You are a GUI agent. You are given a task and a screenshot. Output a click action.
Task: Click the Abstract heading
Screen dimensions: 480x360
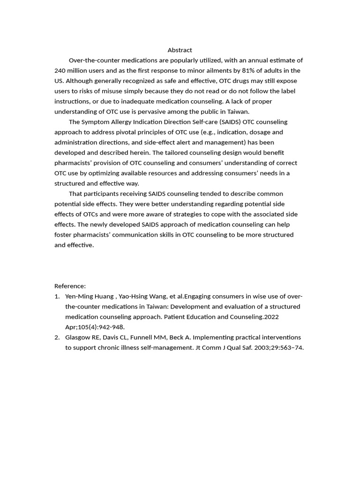click(x=180, y=50)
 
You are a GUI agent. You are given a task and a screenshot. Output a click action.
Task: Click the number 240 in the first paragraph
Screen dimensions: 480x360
click(x=60, y=71)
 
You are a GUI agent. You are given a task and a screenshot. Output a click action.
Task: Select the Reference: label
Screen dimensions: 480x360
click(x=70, y=286)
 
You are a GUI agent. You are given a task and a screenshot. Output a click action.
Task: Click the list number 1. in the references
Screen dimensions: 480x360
click(x=57, y=296)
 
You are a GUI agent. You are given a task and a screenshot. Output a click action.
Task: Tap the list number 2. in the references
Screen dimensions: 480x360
click(x=57, y=337)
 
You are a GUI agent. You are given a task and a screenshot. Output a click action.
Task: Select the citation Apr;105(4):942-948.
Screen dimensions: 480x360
click(x=95, y=327)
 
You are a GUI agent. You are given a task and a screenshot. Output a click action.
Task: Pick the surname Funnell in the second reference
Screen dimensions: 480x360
click(x=147, y=337)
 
